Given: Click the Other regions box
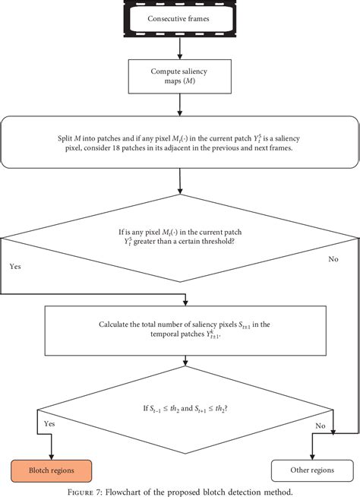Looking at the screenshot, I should click(x=311, y=469).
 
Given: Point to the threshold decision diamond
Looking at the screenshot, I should click(x=179, y=238).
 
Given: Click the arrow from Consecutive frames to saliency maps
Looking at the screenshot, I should click(x=179, y=46).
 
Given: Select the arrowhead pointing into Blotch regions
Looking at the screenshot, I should click(x=52, y=456).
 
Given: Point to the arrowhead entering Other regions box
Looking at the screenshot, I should click(x=311, y=456).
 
